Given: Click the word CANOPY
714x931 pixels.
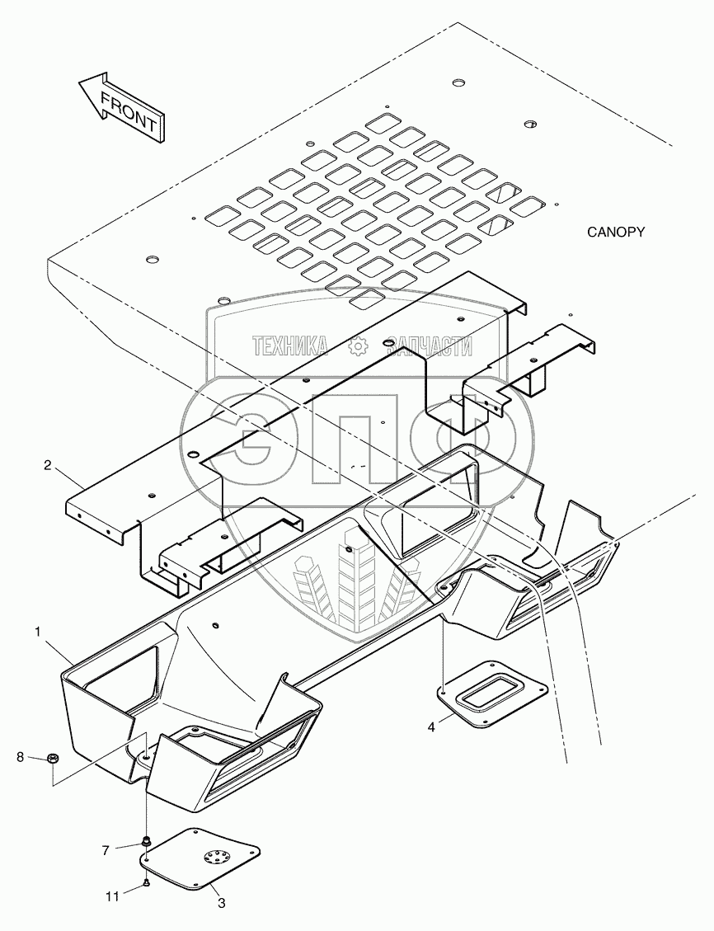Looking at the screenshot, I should (615, 233).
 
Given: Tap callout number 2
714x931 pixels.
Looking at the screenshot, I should (48, 466).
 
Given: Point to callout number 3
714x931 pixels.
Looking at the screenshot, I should (220, 903).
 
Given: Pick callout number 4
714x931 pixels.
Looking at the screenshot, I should (431, 726).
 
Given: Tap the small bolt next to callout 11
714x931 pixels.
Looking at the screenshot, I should (146, 884).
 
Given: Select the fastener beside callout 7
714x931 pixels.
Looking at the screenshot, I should (146, 841).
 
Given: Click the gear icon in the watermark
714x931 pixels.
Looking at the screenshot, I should (357, 347).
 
